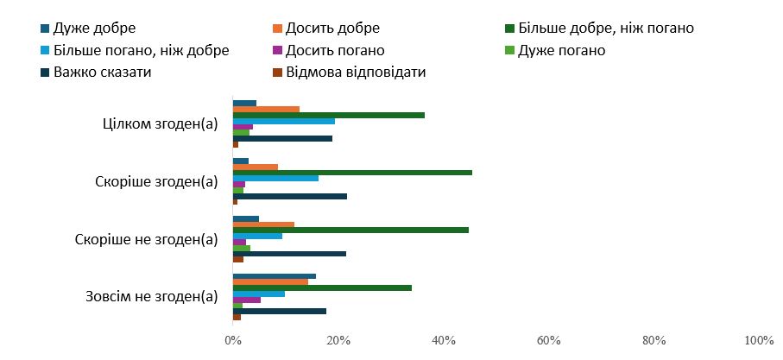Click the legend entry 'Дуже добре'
(88, 28)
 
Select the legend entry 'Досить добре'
(326, 28)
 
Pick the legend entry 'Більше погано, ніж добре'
(135, 50)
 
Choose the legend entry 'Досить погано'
(329, 50)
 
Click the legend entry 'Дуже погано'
(556, 50)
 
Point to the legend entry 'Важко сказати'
(97, 73)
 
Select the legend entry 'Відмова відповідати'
(350, 73)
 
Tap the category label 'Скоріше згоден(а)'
(156, 182)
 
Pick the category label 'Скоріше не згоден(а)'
(146, 239)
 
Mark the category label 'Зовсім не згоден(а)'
(152, 297)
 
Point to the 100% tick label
(759, 341)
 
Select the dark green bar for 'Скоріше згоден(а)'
(352, 173)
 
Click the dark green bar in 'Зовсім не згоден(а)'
(322, 288)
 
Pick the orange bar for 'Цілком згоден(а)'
(266, 110)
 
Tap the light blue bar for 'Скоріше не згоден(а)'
(257, 237)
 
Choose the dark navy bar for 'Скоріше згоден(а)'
(290, 196)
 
